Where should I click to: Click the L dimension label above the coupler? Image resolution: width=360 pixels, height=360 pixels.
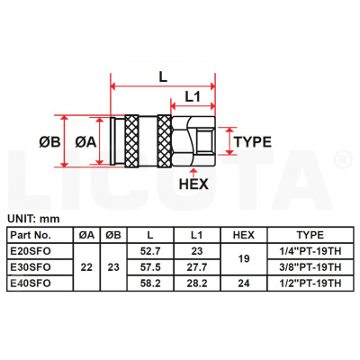(163, 77)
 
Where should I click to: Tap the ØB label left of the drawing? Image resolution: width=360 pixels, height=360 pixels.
(51, 142)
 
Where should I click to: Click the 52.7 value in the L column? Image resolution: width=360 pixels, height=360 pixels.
(150, 252)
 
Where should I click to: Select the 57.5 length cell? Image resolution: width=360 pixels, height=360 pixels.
(150, 267)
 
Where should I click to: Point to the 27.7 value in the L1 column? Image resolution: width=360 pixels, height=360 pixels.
(198, 267)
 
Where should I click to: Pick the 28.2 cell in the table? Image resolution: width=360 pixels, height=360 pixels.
(198, 283)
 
